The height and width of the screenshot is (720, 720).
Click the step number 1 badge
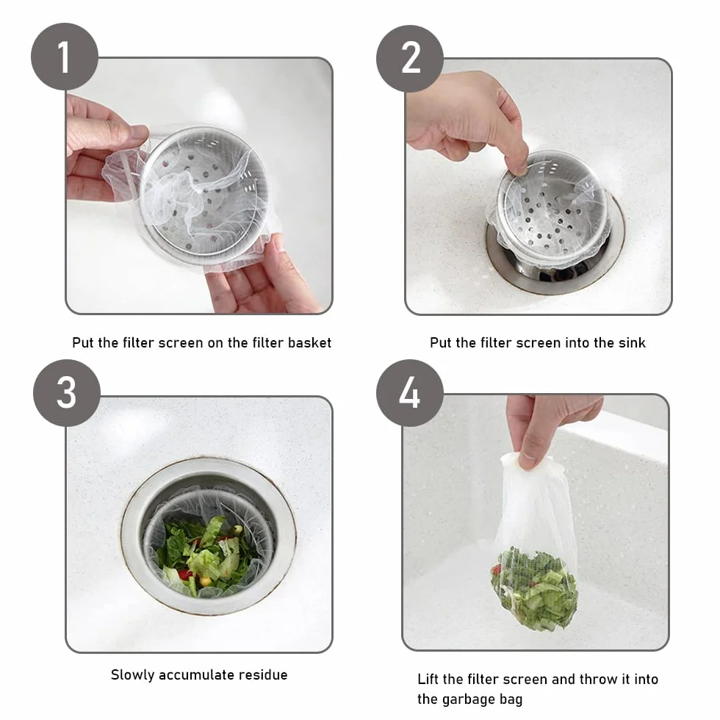click(65, 57)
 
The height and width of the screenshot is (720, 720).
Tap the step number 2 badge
click(410, 58)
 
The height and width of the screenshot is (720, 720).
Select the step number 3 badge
click(67, 393)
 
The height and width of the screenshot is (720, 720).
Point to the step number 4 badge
click(410, 392)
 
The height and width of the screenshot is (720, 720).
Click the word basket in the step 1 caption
click(309, 342)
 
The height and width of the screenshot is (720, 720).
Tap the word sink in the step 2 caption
click(630, 342)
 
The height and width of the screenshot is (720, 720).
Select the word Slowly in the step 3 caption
click(132, 674)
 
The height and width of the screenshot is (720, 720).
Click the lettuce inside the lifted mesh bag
click(535, 587)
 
